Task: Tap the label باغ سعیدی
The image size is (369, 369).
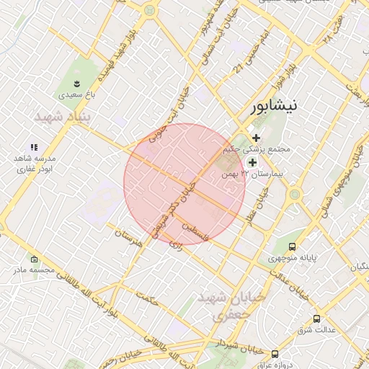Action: [x=75, y=94]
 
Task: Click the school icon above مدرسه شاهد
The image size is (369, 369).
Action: [x=33, y=147]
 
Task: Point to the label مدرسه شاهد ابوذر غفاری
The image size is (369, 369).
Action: [x=35, y=164]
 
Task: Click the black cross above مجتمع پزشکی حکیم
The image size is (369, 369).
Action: [x=256, y=138]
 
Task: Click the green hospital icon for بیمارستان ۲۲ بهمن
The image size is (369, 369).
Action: [x=252, y=163]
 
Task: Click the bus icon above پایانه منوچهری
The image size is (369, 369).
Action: [x=291, y=246]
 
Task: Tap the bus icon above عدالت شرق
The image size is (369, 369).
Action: [x=316, y=319]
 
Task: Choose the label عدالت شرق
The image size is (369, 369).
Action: [x=317, y=330]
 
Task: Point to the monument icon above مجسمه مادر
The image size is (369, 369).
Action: [x=34, y=259]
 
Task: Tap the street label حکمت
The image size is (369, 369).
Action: [x=146, y=298]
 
